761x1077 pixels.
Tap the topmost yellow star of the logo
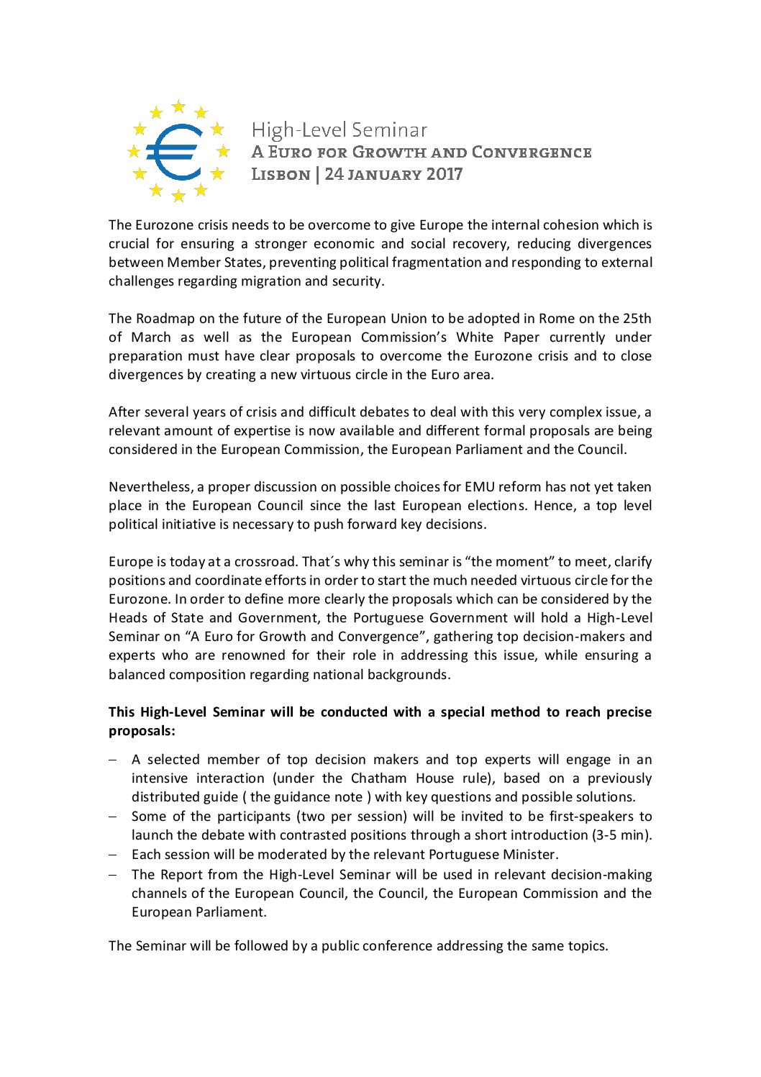(x=178, y=107)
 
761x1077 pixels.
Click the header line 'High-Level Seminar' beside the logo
(x=340, y=130)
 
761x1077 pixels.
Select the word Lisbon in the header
(x=281, y=174)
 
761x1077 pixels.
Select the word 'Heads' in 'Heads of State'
(x=127, y=618)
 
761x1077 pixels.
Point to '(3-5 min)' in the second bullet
(x=621, y=835)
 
